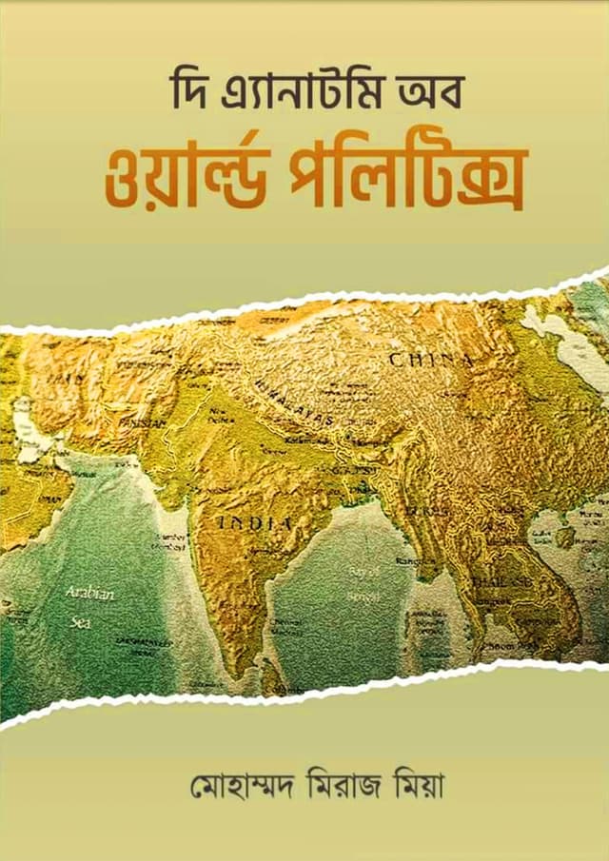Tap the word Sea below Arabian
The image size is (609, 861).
tap(80, 621)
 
